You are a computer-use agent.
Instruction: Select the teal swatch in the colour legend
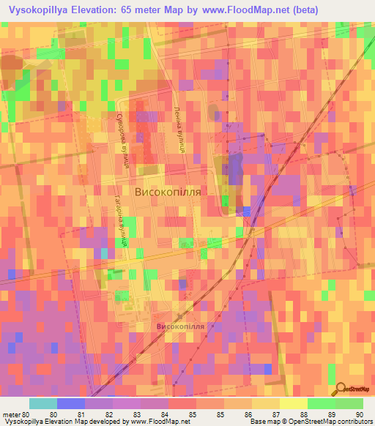(x=43, y=403)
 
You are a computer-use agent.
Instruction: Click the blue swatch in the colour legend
(x=71, y=403)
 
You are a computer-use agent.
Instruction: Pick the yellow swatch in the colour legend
(x=293, y=403)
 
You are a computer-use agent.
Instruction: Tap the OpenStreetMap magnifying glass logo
(x=341, y=389)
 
